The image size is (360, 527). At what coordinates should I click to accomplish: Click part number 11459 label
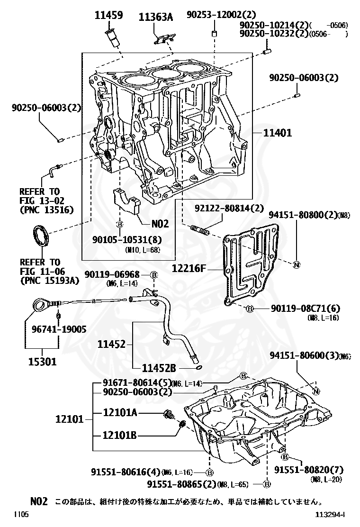point(108,15)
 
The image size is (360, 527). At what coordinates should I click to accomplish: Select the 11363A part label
point(156,17)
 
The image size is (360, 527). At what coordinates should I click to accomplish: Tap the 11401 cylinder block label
point(278,133)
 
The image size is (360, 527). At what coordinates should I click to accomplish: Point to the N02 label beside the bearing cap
point(160,224)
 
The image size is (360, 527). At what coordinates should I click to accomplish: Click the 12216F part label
point(189,268)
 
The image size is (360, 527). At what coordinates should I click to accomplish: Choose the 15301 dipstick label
point(42,362)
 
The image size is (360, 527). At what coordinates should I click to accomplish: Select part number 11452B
point(159,368)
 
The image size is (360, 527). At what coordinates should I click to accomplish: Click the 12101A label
point(120,412)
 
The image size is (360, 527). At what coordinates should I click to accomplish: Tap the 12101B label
point(120,435)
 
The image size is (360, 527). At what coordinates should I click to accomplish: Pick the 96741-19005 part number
point(59,329)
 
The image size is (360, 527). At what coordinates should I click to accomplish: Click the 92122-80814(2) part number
point(229,209)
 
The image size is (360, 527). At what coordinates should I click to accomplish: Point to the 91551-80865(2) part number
point(182,484)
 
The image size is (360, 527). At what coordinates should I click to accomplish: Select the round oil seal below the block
point(41,236)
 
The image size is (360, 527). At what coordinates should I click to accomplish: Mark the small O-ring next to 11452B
point(199,368)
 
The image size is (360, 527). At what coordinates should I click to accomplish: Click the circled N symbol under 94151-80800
point(297,264)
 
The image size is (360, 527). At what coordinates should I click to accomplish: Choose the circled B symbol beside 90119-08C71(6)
point(250,308)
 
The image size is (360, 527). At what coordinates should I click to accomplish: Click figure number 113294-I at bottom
point(331,514)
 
